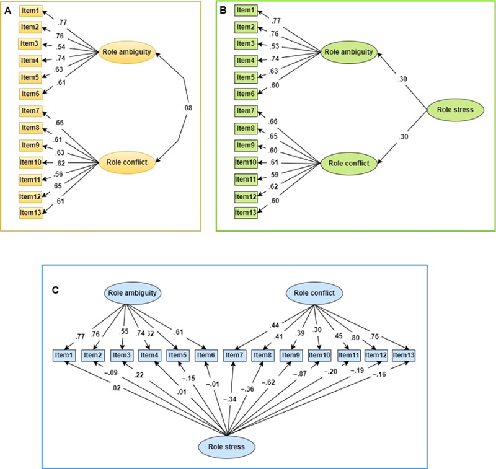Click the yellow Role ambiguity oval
(x=126, y=53)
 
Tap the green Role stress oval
(x=454, y=110)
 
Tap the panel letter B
(x=224, y=11)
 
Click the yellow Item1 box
(x=30, y=11)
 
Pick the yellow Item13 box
(x=30, y=213)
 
